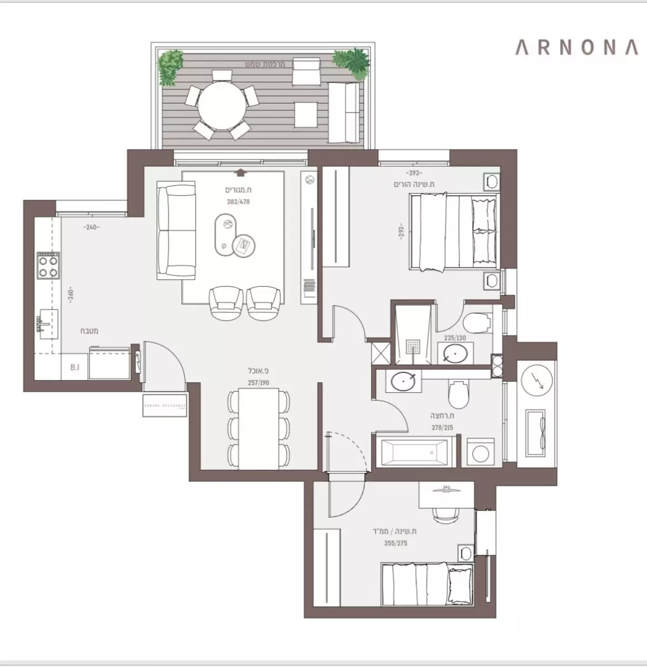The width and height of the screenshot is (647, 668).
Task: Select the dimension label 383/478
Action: tap(238, 202)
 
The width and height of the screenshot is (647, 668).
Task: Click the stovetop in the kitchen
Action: tap(48, 265)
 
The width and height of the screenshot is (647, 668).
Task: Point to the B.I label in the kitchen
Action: tap(75, 367)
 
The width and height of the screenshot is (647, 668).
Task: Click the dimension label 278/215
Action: tap(442, 428)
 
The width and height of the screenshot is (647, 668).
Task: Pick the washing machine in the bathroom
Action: tap(477, 451)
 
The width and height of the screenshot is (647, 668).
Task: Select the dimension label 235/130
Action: tap(455, 338)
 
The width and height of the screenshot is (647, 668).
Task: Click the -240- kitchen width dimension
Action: tap(91, 227)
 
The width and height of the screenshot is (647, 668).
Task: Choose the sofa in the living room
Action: tap(176, 230)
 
